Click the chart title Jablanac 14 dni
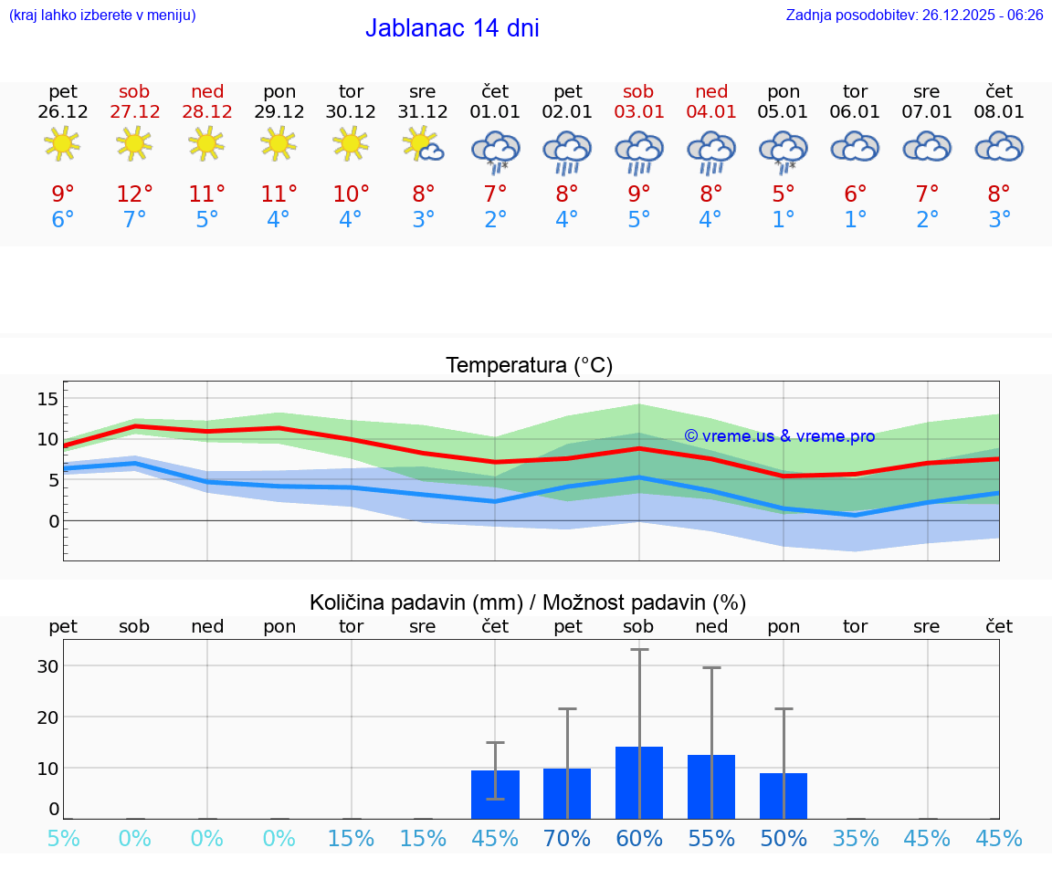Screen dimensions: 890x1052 tap(452, 28)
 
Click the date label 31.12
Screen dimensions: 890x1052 tap(423, 112)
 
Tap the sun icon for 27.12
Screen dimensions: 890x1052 tap(134, 144)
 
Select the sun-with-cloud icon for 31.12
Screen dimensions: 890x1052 tap(424, 145)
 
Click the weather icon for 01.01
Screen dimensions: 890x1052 tap(495, 150)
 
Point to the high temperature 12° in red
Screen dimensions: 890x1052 tap(134, 194)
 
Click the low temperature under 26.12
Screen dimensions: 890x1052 tap(63, 219)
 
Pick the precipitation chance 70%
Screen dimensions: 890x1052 tap(567, 839)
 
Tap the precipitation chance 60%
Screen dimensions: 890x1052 tap(639, 839)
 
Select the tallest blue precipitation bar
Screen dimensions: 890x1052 tap(639, 783)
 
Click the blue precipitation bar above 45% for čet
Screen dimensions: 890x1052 tap(495, 794)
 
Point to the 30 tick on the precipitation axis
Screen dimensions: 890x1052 tap(47, 666)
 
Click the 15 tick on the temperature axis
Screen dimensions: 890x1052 tap(47, 398)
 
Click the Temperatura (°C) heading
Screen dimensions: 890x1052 tap(529, 366)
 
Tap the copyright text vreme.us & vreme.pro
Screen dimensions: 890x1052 tap(780, 436)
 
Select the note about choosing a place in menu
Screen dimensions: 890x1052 tap(101, 15)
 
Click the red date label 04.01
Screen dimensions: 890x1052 tap(711, 112)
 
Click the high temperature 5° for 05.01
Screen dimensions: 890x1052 tap(784, 194)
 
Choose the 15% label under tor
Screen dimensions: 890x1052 tap(352, 839)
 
